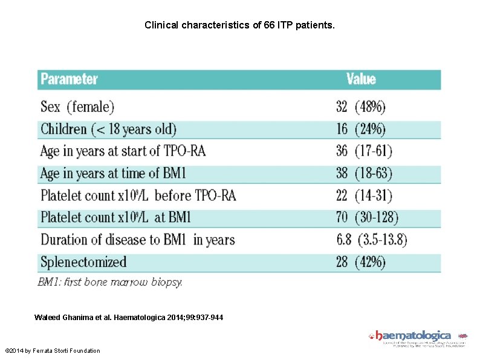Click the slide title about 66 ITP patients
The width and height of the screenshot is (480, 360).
[x=239, y=26]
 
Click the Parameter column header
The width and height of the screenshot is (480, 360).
[x=69, y=79]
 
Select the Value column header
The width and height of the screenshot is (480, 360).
[x=361, y=79]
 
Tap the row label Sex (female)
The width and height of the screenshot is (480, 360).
[x=77, y=107]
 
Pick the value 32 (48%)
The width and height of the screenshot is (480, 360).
[x=360, y=107]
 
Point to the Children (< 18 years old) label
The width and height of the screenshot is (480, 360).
[x=108, y=129]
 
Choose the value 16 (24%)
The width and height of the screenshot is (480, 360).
[x=360, y=129]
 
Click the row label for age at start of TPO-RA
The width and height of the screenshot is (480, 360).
[x=123, y=151]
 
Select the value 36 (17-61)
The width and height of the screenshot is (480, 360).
[x=364, y=151]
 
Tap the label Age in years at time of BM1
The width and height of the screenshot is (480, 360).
[x=113, y=173]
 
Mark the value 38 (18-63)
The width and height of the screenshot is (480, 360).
[x=364, y=173]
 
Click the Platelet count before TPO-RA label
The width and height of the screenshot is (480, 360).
[x=138, y=195]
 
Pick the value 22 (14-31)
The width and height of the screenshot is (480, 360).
[x=364, y=195]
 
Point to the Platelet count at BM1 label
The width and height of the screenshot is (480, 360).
[x=115, y=217]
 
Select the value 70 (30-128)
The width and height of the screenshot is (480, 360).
[x=367, y=217]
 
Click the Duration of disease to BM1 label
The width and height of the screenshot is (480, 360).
[x=137, y=240]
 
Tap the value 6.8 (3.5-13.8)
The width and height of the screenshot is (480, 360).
[x=371, y=240]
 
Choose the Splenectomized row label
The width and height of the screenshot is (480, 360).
[x=83, y=262]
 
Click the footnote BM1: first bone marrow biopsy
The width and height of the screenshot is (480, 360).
[x=110, y=281]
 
